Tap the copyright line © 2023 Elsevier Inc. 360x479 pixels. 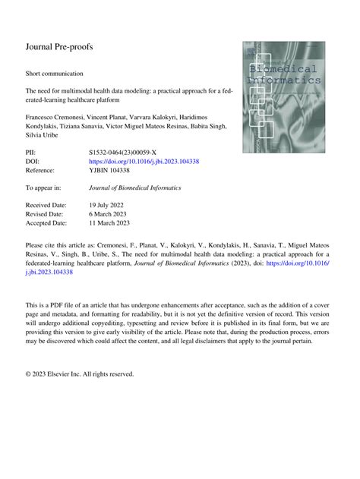click(x=80, y=373)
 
